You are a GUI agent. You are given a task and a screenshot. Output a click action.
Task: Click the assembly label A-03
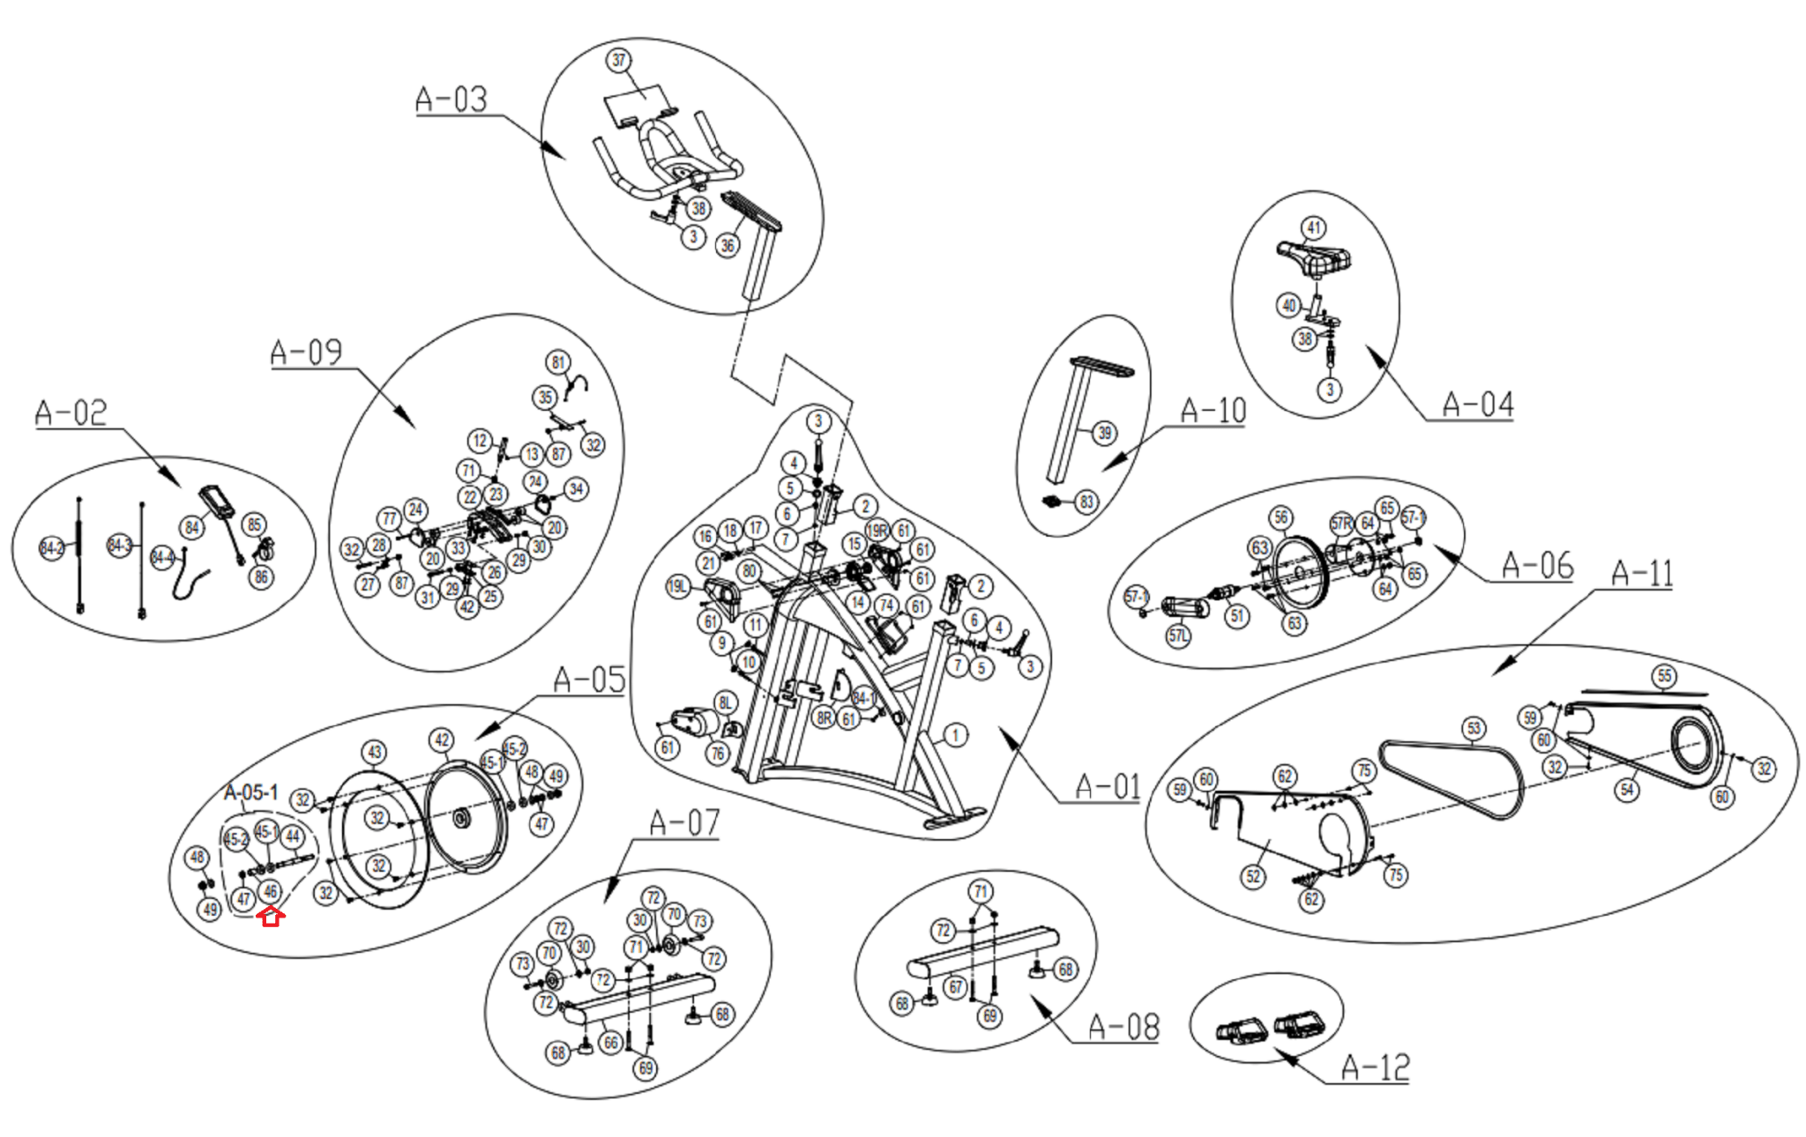(451, 99)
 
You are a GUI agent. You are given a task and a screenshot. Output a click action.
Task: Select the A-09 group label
(305, 353)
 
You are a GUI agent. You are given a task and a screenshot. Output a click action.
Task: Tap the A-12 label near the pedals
(1375, 1067)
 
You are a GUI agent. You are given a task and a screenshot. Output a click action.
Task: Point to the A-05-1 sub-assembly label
(251, 791)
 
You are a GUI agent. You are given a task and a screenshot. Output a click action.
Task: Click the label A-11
(1641, 574)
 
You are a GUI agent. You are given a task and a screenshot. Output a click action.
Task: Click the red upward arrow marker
(271, 917)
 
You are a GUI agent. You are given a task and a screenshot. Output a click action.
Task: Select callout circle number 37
(618, 60)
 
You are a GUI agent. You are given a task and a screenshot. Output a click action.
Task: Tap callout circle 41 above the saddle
(1314, 227)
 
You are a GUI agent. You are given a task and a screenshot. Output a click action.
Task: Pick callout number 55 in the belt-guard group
(1664, 676)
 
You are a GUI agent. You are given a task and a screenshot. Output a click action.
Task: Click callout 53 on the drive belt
(1474, 728)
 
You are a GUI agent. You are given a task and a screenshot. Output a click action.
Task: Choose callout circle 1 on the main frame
(954, 734)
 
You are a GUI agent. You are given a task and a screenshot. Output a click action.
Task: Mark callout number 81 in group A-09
(557, 362)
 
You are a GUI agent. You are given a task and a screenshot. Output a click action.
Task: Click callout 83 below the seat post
(1086, 502)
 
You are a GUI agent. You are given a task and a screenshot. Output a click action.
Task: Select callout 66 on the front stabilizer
(610, 1043)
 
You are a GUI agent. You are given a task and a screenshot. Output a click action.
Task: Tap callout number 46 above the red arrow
(270, 891)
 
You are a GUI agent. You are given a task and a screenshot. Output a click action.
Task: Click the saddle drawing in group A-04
(1314, 258)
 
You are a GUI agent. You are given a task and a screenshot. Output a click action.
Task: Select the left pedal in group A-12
(1242, 1030)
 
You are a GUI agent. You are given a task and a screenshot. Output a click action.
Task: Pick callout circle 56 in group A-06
(1280, 517)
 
